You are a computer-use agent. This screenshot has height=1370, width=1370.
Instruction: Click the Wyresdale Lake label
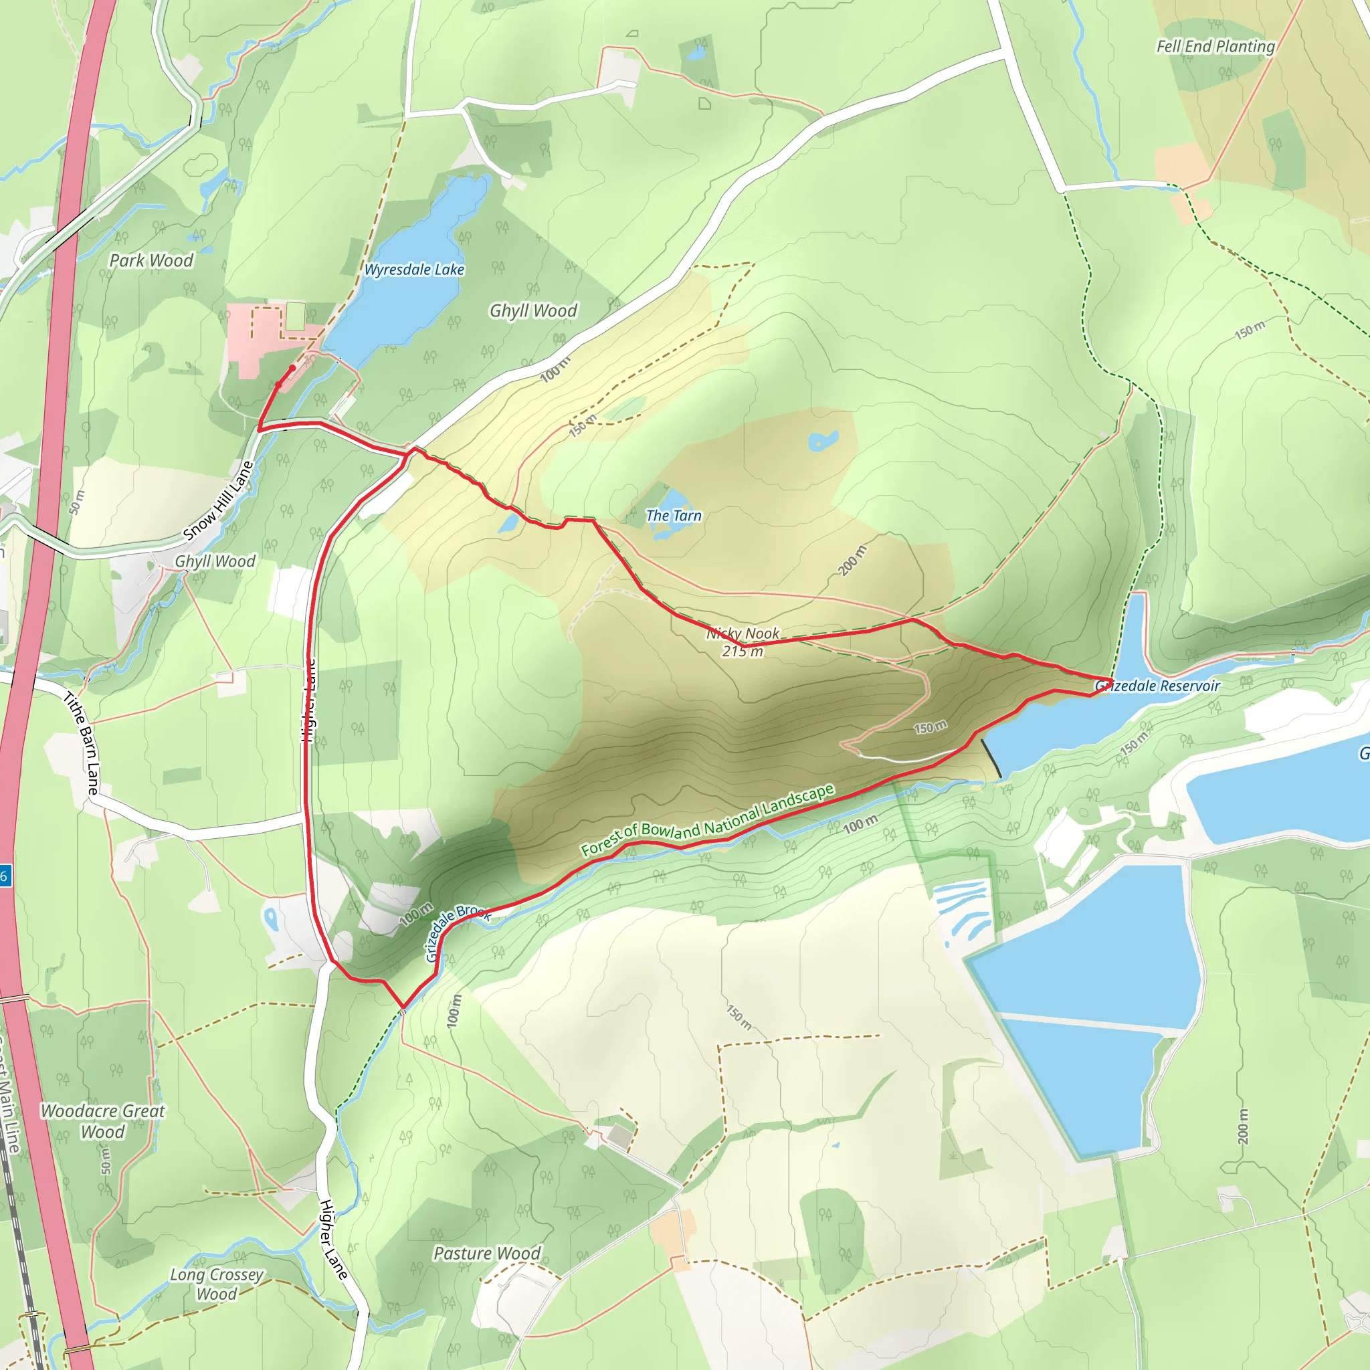tap(414, 270)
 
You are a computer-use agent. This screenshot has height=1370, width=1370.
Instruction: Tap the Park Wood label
tap(151, 260)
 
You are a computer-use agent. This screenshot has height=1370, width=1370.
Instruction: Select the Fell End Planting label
tap(1215, 47)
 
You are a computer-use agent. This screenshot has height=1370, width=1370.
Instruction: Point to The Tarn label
tap(673, 516)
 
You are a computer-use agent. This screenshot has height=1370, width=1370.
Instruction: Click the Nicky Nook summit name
tap(743, 633)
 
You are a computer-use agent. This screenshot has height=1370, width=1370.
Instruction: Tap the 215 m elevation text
tap(743, 651)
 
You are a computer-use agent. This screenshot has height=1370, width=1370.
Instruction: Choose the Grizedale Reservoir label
tap(1157, 686)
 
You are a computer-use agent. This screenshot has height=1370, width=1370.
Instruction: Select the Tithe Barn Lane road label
tap(82, 743)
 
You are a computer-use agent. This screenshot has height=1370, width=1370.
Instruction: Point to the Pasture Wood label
tap(486, 1253)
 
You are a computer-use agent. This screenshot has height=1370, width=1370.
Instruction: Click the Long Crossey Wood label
tap(216, 1284)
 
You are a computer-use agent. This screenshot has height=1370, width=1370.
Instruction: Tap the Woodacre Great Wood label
tap(103, 1121)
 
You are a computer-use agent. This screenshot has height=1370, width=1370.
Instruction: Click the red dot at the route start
tap(292, 368)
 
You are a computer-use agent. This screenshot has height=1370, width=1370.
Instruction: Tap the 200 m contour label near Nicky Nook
tap(852, 560)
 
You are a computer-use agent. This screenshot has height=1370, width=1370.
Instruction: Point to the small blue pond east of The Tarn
tap(823, 441)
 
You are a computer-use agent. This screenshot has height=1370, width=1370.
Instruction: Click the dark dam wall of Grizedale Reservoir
tap(991, 758)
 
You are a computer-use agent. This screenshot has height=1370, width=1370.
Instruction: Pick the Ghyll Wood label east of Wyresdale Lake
tap(533, 310)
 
